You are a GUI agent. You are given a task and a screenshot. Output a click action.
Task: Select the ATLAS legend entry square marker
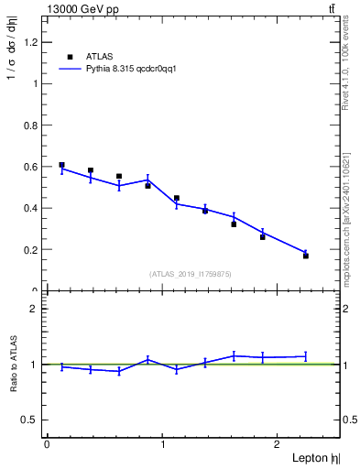pos(70,57)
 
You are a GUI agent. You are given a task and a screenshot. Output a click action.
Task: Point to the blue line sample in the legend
pos(70,69)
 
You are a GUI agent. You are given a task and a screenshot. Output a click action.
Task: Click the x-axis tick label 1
pos(163,444)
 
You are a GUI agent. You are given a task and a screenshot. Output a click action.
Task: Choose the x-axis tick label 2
pos(279,444)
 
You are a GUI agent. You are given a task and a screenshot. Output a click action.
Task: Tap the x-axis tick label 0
pos(47,444)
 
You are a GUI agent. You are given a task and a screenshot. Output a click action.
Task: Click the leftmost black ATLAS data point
pos(61,165)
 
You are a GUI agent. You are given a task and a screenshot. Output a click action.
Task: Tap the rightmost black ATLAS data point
pos(306,256)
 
